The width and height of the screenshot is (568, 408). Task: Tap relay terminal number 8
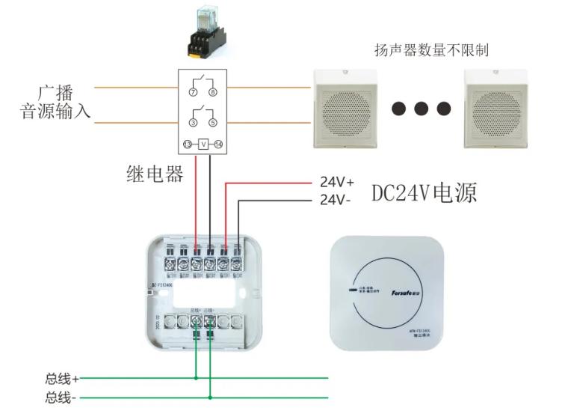coord(212,92)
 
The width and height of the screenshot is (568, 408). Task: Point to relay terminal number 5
coord(212,121)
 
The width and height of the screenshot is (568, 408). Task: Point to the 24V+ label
coord(336,181)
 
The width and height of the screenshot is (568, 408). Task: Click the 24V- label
coord(335,200)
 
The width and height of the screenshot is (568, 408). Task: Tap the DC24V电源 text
coord(424,192)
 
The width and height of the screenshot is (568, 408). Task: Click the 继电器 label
coord(154,174)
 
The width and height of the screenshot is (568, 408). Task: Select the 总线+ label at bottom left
coord(62,379)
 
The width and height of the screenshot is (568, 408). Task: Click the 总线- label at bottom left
coord(61,397)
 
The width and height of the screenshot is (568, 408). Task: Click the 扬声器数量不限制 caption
coord(431,50)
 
